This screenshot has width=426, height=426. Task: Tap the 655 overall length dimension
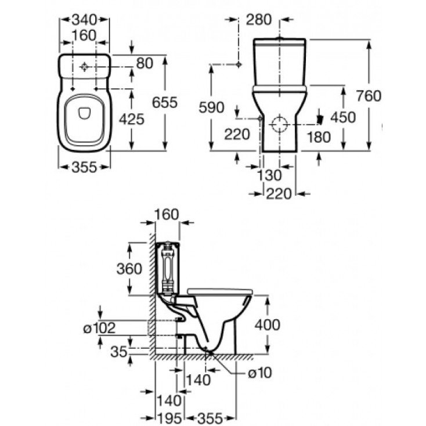coord(164,102)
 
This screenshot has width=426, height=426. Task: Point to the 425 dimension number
coord(131,118)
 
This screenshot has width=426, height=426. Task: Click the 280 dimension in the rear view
coord(258,20)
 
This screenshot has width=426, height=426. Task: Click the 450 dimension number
coord(342,117)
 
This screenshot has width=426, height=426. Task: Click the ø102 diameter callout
coord(99,328)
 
